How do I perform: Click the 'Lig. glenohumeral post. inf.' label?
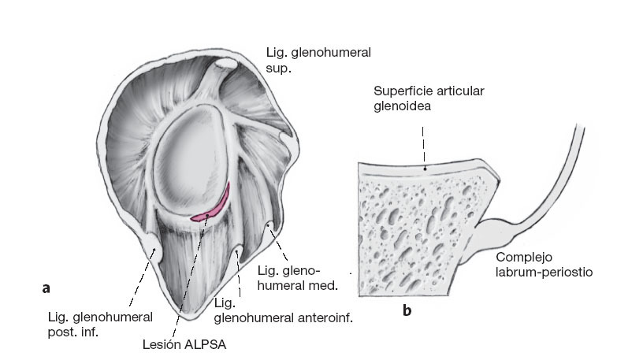coord(99,323)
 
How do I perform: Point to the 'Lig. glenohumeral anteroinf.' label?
coord(283,310)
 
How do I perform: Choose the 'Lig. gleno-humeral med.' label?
coord(298,277)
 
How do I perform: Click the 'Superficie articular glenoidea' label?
coord(429,98)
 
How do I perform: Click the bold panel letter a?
coord(46,288)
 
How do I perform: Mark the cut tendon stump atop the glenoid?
coord(226,63)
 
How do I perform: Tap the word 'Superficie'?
coord(400,91)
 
